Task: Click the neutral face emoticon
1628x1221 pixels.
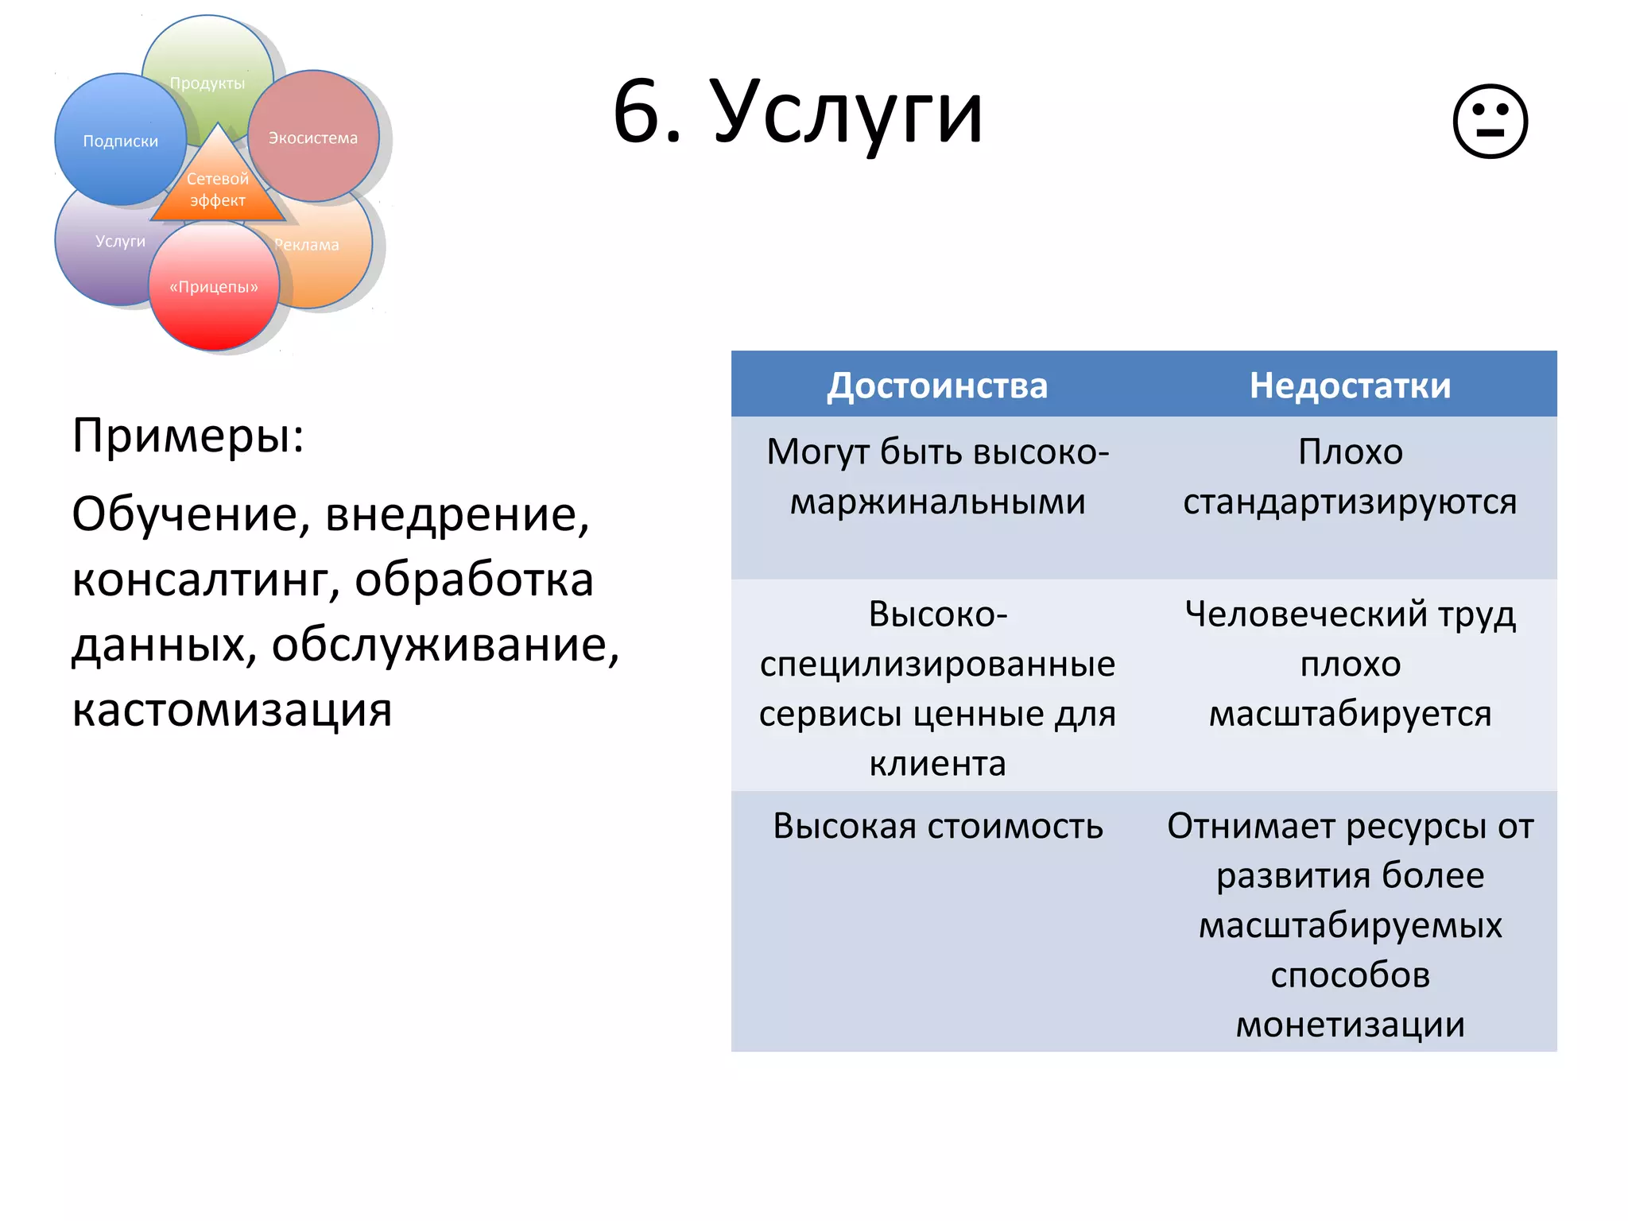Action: [x=1490, y=122]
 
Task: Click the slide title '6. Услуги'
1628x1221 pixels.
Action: [x=798, y=113]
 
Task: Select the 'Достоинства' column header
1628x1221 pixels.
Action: [x=937, y=386]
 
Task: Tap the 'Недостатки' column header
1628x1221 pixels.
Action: [x=1350, y=386]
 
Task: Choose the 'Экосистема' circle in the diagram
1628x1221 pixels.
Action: [x=313, y=138]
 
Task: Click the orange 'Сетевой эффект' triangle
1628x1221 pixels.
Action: [x=218, y=189]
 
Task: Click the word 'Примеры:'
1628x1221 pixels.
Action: [x=188, y=436]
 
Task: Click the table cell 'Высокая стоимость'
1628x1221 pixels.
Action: [x=938, y=827]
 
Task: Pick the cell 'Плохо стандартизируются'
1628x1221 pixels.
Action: [x=1350, y=477]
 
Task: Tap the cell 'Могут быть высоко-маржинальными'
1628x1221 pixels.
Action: [x=938, y=477]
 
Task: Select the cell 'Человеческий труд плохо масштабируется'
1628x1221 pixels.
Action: [x=1350, y=664]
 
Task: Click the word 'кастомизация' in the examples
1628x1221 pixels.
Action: [x=232, y=710]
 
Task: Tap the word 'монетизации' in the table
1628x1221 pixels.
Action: [x=1350, y=1025]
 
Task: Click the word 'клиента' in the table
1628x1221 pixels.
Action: [x=938, y=764]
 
